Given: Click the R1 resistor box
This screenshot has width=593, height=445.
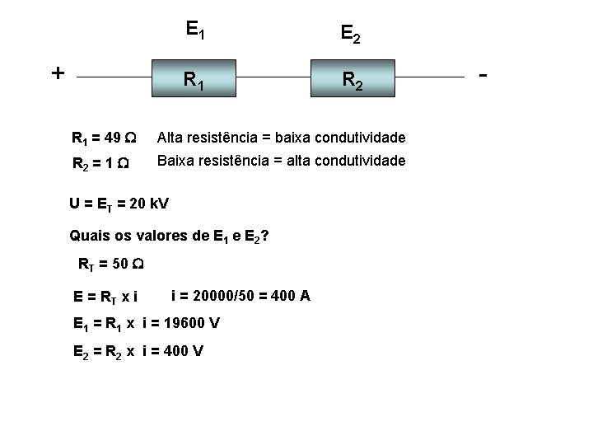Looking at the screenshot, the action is pyautogui.click(x=195, y=79).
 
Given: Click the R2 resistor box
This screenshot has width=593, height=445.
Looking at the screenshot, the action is pyautogui.click(x=351, y=79).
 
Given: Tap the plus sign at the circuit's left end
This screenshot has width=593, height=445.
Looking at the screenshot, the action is pyautogui.click(x=58, y=73).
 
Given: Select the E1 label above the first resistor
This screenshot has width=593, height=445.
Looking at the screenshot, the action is pyautogui.click(x=195, y=31).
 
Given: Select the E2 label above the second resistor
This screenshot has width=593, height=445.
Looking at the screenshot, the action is pyautogui.click(x=350, y=33).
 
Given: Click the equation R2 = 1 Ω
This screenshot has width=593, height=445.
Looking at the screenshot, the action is pyautogui.click(x=100, y=163).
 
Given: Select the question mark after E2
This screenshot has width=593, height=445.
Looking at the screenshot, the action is pyautogui.click(x=264, y=236).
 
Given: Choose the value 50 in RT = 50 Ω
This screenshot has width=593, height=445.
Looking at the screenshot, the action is pyautogui.click(x=121, y=265).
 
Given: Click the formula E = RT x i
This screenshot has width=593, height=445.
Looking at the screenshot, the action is pyautogui.click(x=105, y=295).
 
